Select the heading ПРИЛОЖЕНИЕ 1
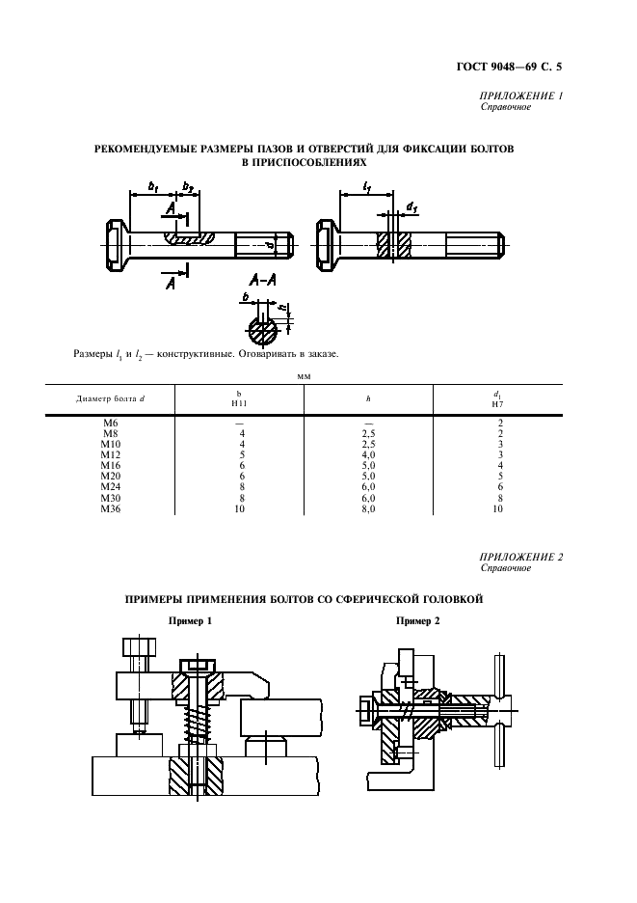point(520,96)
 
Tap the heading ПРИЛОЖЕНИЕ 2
point(520,558)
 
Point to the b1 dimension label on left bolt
point(152,184)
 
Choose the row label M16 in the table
point(111,465)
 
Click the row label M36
point(111,508)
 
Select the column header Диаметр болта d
point(111,398)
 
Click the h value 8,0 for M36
point(368,508)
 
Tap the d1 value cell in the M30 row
point(498,500)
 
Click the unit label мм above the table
point(305,377)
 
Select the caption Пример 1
point(190,621)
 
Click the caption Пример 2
point(418,621)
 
